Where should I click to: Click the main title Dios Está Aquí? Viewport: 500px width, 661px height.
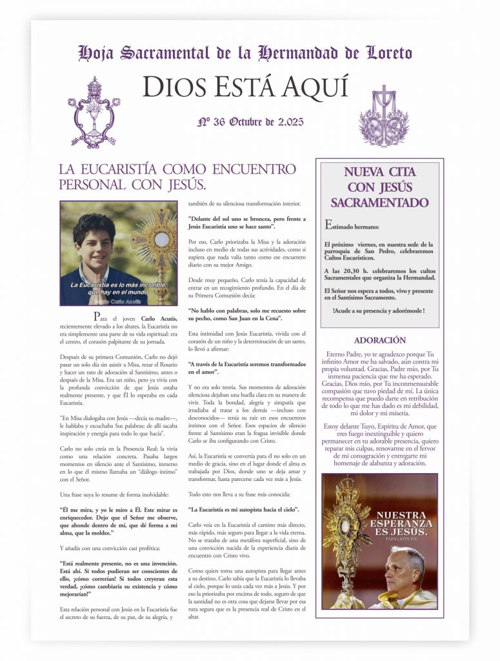click(x=245, y=86)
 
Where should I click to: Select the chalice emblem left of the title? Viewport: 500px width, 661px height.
click(x=94, y=113)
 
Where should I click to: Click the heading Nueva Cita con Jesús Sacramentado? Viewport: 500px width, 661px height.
click(x=379, y=187)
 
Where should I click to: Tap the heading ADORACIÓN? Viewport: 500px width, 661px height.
click(x=380, y=340)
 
